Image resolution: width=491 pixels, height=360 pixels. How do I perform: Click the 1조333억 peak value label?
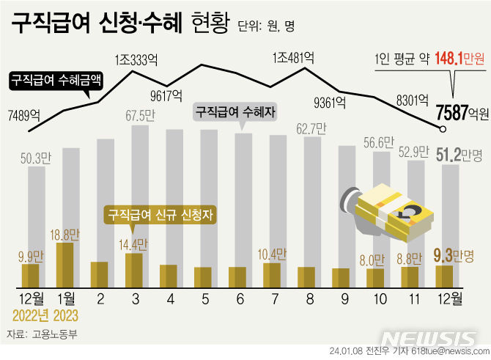(137, 58)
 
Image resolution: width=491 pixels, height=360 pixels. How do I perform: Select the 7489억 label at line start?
(24, 114)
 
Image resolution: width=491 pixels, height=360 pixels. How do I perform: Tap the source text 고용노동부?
(54, 334)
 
